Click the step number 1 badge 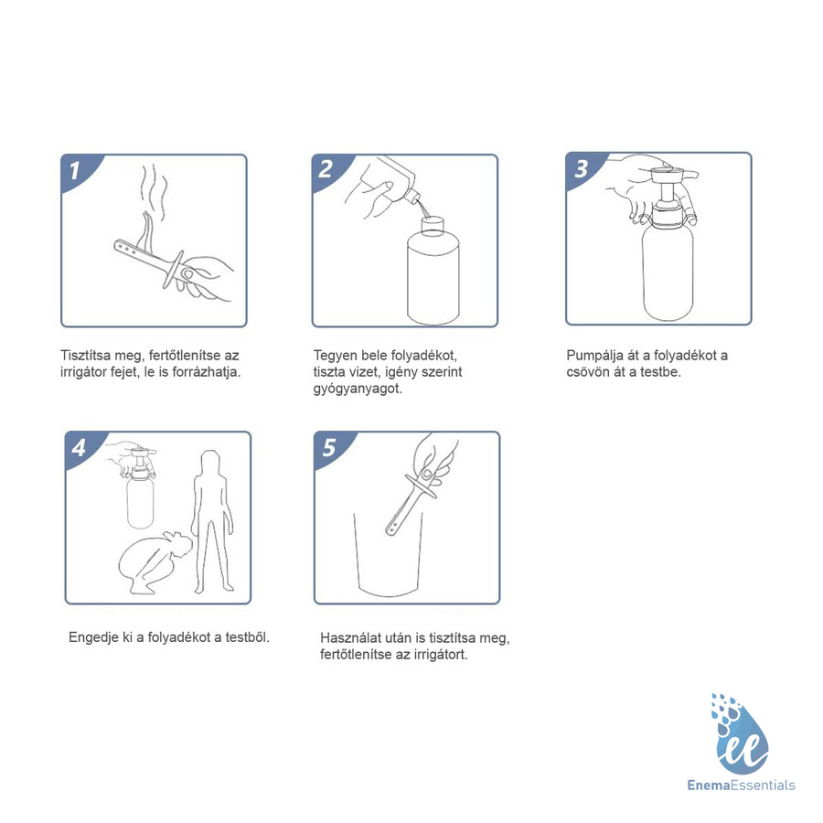coord(77,171)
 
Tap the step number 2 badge coord(328,171)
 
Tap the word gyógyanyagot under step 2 coord(358,389)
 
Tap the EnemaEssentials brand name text coord(741,786)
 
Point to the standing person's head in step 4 coord(210,462)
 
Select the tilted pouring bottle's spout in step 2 coord(412,198)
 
